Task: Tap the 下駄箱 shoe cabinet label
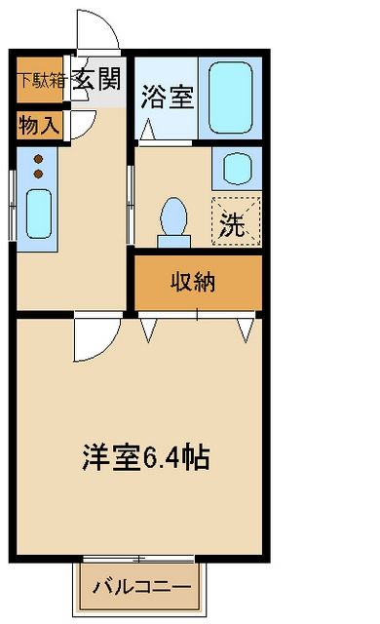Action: point(40,81)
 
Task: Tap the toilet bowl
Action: point(175,215)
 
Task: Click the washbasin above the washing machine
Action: point(237,168)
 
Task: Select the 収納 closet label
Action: point(198,283)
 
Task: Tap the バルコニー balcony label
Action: point(141,587)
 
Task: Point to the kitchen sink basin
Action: point(39,208)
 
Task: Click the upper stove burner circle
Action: point(39,157)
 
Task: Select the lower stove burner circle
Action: point(39,173)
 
